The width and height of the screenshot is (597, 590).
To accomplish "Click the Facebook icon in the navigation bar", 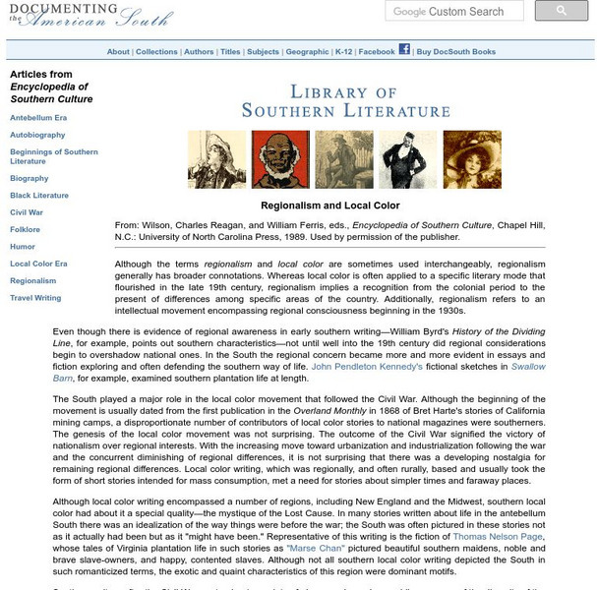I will coord(403,50).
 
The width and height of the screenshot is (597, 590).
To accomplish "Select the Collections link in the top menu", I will coord(156,52).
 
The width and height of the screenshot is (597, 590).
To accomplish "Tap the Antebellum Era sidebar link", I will coord(38,117).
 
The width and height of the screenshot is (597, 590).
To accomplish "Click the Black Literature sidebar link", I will coord(39,195).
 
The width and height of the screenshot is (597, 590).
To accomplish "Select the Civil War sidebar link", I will coord(27,211).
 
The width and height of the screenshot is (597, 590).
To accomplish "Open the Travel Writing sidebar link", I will coord(35,297).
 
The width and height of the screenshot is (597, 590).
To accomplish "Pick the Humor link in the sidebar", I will coord(23,246).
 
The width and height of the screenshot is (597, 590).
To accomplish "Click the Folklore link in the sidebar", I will coord(26,229).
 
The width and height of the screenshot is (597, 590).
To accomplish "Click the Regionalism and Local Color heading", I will coord(329,206).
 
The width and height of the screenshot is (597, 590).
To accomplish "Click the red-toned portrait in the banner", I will coord(273,159).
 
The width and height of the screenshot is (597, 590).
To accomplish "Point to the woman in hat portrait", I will coord(471,159).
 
